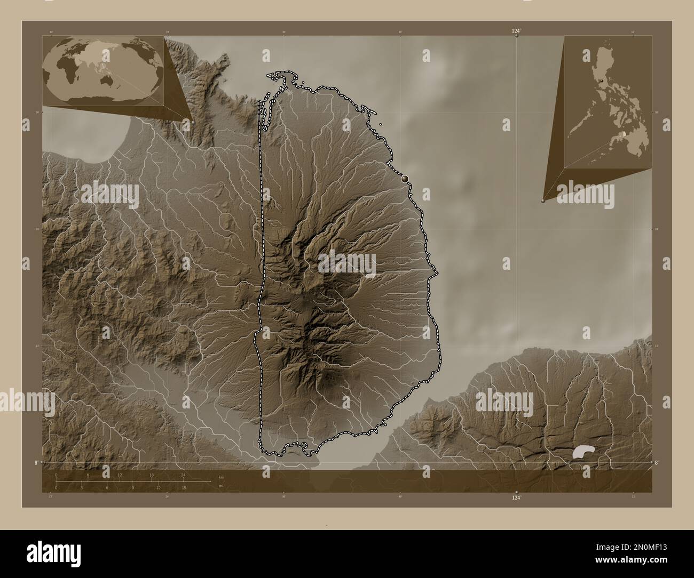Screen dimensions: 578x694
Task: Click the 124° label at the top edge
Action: (x=516, y=32)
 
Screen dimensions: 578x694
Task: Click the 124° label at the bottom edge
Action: (x=516, y=497)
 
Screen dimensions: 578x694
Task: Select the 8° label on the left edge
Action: (x=36, y=462)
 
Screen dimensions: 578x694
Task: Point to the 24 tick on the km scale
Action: (x=183, y=475)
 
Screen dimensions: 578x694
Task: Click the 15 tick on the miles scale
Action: (x=183, y=487)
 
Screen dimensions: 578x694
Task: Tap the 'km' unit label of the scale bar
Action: (x=221, y=477)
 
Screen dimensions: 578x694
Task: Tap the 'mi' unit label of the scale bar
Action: (x=220, y=486)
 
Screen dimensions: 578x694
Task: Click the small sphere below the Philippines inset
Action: (x=543, y=201)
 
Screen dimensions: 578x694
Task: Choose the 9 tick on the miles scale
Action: (x=132, y=487)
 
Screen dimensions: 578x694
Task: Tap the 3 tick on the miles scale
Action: (x=81, y=487)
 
